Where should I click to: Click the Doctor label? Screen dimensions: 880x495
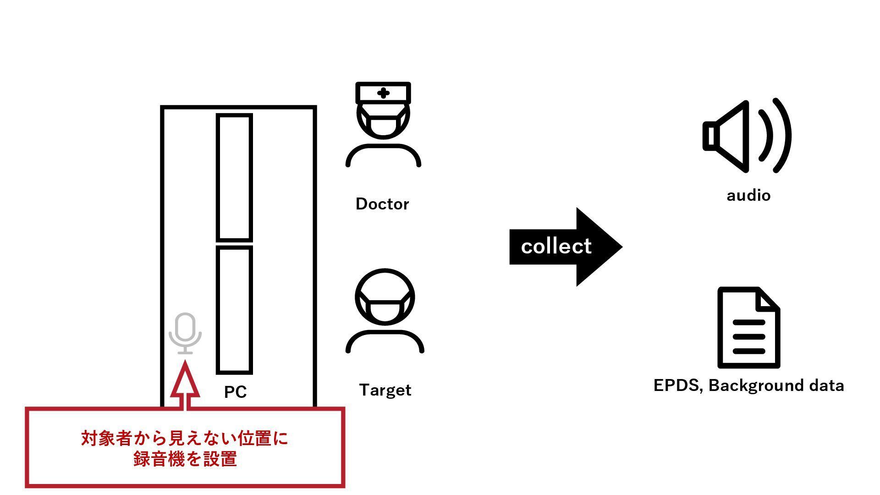tap(382, 204)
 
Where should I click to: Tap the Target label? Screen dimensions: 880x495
tap(385, 390)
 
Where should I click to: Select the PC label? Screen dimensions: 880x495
tap(235, 392)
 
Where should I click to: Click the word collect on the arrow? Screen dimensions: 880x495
tap(556, 247)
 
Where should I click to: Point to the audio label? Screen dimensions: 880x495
tap(748, 196)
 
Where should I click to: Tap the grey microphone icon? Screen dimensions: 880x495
tap(185, 333)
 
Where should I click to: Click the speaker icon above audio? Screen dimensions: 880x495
tap(747, 136)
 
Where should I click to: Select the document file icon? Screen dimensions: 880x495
tap(748, 327)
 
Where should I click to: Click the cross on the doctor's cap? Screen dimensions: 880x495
tap(383, 93)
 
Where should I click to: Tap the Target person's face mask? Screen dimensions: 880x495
tap(385, 308)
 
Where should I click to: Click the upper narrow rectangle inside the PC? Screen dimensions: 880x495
tap(234, 177)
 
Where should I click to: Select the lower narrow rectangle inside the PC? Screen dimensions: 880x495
tap(234, 310)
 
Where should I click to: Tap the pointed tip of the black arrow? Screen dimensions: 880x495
tap(622, 247)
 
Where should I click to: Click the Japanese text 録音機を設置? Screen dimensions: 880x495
tap(185, 459)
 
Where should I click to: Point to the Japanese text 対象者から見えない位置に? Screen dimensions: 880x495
tap(185, 438)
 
